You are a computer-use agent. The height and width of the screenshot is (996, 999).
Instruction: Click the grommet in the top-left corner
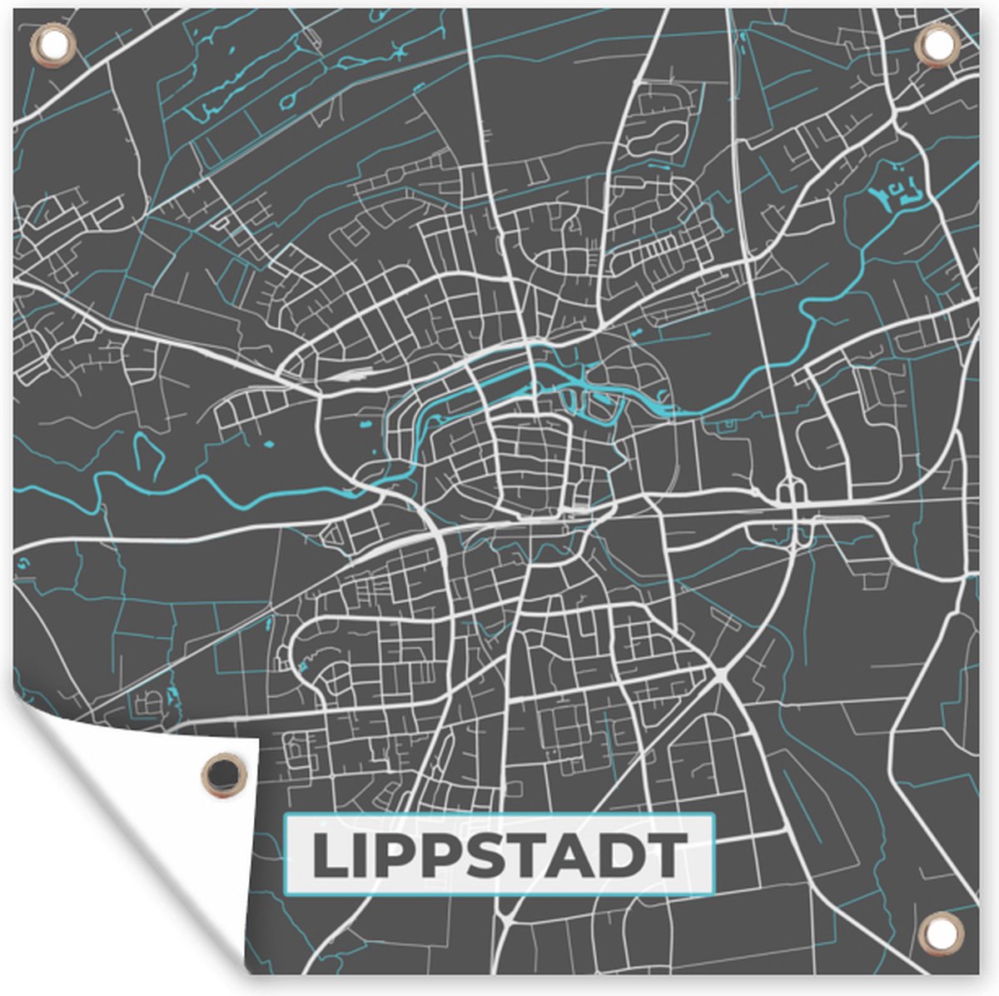[52, 44]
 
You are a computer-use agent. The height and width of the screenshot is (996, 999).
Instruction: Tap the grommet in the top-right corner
[937, 44]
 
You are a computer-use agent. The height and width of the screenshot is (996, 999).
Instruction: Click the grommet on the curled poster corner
[223, 774]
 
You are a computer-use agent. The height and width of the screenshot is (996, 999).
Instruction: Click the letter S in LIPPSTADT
[493, 856]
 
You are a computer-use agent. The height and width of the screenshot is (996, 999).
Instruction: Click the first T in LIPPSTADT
[536, 856]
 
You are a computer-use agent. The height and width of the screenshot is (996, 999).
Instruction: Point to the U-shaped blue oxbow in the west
[147, 456]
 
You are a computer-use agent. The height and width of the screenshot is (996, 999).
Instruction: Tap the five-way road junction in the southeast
[721, 671]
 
